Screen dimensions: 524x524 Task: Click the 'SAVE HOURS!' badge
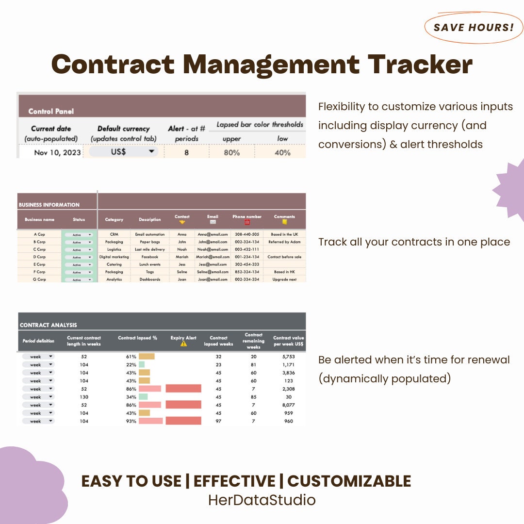pos(473,27)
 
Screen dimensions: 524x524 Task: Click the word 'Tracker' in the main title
pos(420,64)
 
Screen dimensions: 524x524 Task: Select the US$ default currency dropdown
pos(124,152)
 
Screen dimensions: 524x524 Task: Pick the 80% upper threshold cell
pos(231,152)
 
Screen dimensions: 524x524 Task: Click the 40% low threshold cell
pos(282,152)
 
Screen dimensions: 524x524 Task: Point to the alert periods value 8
pos(186,152)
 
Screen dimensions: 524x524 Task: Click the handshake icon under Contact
pos(182,222)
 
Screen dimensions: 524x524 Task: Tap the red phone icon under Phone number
pos(246,222)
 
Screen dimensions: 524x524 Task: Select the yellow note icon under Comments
pos(284,222)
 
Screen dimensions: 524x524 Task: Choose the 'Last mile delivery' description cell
pos(150,249)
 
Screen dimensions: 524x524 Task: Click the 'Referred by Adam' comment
pos(284,242)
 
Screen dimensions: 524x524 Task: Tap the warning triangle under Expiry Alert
pos(183,344)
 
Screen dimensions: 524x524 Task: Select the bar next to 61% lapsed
pos(147,357)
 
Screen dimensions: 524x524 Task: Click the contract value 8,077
pos(288,405)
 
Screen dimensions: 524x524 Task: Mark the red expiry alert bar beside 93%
pos(183,421)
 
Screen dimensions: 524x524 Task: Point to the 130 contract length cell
pos(84,397)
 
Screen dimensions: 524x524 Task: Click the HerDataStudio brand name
pos(262,500)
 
